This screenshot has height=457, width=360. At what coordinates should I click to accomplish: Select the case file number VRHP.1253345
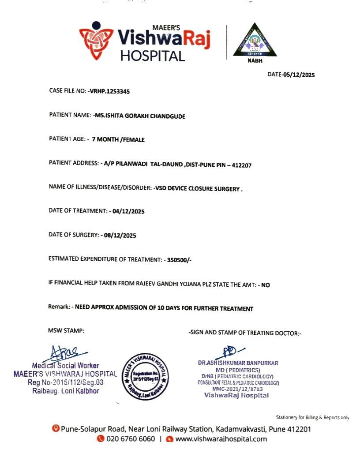109,91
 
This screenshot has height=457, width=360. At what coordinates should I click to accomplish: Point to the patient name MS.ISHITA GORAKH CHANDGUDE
140,116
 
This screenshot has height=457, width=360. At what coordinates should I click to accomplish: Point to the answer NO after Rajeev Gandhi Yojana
266,285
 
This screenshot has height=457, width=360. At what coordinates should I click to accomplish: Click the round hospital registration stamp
145,377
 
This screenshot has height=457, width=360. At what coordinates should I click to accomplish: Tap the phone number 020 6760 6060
131,439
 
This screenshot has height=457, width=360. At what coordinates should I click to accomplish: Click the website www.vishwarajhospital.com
221,439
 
